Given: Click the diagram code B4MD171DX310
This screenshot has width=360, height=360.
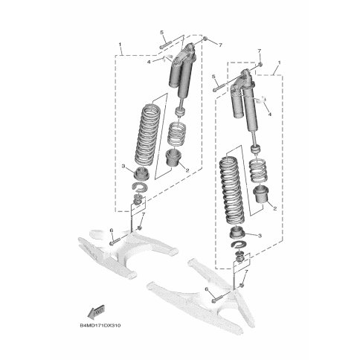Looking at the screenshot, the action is pyautogui.click(x=100, y=325).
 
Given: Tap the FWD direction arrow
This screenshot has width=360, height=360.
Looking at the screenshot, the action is pyautogui.click(x=96, y=312).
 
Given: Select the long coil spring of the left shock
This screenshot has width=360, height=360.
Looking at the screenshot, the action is pyautogui.click(x=147, y=135).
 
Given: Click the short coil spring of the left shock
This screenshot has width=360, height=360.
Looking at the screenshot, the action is pyautogui.click(x=177, y=134).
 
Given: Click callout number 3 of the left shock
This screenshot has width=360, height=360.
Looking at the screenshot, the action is pyautogui.click(x=123, y=166).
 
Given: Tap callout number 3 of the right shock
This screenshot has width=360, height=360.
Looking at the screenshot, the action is pyautogui.click(x=260, y=236).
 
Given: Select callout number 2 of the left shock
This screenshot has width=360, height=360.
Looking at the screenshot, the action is pyautogui.click(x=187, y=170).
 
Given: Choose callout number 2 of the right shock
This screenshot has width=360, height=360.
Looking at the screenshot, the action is pyautogui.click(x=274, y=209).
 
